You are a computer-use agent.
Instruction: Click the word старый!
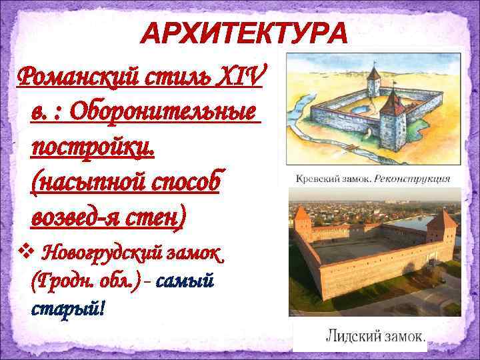68,310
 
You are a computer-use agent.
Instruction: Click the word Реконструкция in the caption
412,179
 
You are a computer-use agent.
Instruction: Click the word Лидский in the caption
351,337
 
